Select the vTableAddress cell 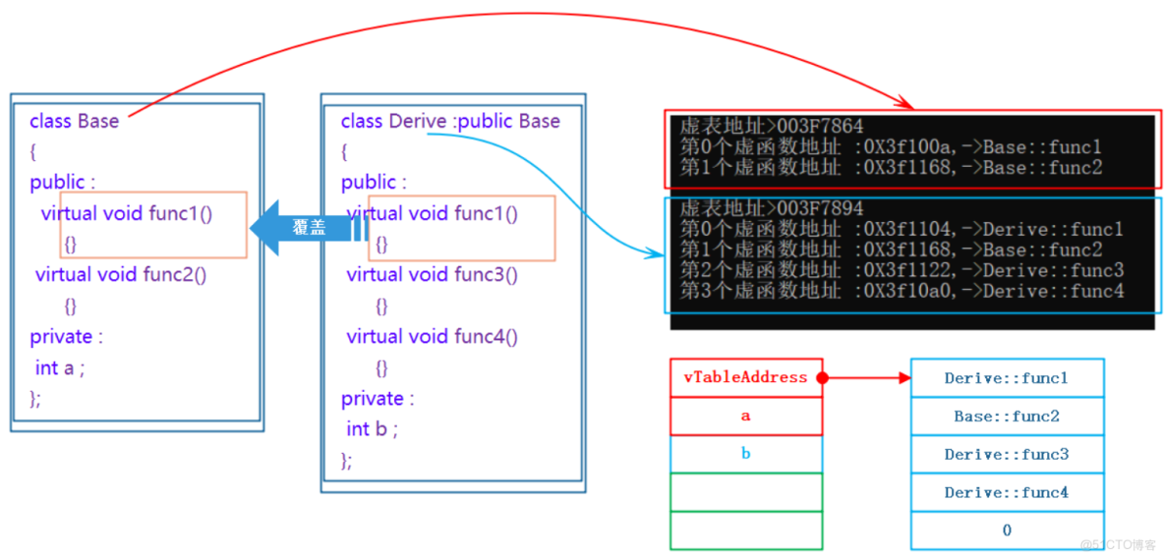pos(746,377)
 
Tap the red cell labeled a pos(746,416)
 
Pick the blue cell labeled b pos(746,454)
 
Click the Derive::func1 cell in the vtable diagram pos(1007,378)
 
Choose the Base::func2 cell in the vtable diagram pos(1007,416)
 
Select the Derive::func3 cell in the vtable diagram pos(1007,455)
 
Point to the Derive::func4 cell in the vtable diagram pos(1007,492)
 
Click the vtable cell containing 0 pos(1007,531)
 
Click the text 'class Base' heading pos(75,121)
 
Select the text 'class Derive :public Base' pos(450,121)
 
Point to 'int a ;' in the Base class pos(60,367)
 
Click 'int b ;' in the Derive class pos(372,429)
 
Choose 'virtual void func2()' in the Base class pos(121,275)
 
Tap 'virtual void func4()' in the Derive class pos(432,337)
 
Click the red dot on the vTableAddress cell pos(823,378)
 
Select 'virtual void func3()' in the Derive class pos(432,275)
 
